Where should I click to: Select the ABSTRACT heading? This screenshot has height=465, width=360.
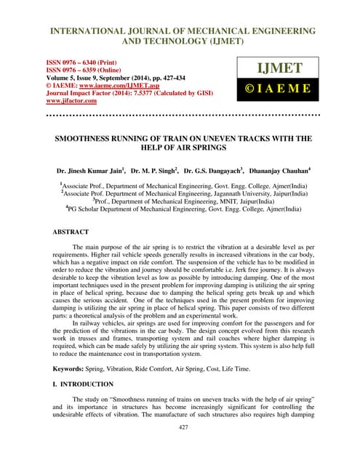click(70, 231)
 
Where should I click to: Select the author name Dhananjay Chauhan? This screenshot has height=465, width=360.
click(279, 171)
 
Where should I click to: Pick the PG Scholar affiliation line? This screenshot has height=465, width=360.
click(183, 208)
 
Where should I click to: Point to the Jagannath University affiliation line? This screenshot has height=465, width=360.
click(183, 193)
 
